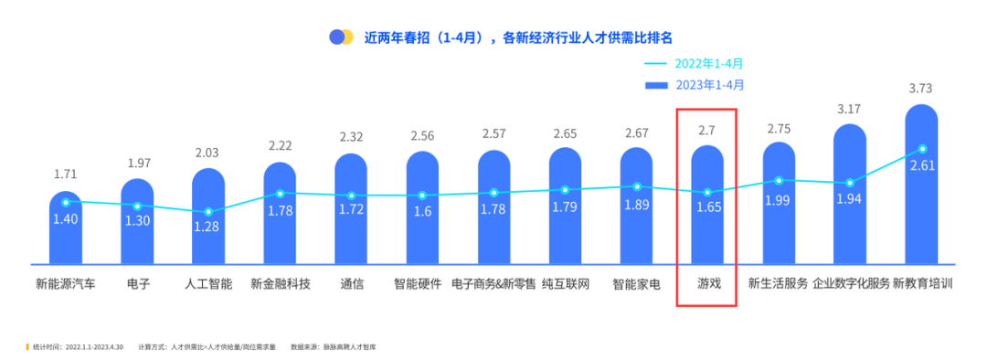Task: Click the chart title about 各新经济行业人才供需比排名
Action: (x=518, y=37)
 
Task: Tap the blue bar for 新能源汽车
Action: (x=66, y=233)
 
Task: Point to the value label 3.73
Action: (x=922, y=89)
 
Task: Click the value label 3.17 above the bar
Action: (x=850, y=110)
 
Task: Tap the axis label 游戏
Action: (x=707, y=283)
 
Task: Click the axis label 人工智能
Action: (x=208, y=283)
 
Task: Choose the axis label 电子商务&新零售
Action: (x=493, y=283)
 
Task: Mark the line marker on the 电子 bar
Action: (x=137, y=206)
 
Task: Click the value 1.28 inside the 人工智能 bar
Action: (x=208, y=227)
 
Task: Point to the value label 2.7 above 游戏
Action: (x=707, y=131)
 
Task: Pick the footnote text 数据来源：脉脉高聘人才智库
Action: (x=334, y=347)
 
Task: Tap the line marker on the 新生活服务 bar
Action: (x=779, y=181)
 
